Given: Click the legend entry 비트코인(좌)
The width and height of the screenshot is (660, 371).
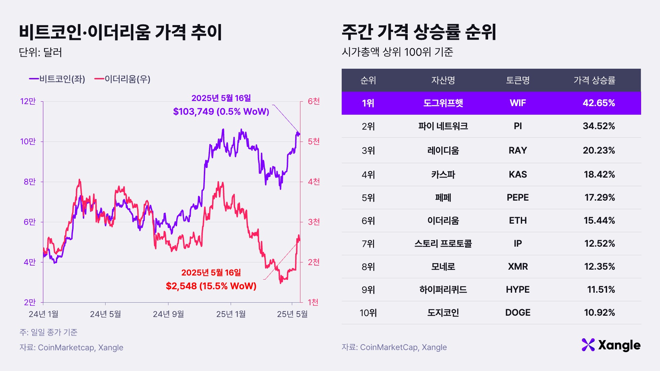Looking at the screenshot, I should pos(57,79).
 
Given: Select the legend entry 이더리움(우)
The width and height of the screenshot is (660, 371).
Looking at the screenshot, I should pos(122,79).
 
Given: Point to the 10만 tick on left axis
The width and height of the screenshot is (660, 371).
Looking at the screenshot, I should pos(28,142).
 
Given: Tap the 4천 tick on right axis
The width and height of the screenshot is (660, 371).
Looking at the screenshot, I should pos(313,181).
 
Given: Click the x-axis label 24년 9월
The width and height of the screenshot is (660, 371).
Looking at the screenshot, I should pos(168,314).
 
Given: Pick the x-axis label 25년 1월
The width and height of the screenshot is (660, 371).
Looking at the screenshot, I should pos(231,314).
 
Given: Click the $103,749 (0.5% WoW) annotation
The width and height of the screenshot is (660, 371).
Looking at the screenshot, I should pos(221,111).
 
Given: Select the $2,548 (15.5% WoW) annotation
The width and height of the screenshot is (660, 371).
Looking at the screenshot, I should pos(211,286).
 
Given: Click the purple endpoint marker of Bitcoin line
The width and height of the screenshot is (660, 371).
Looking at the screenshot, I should pos(298,134).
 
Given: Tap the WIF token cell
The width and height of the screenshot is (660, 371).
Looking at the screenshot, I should pos(517,103).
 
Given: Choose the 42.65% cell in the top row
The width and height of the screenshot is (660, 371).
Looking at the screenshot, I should pos(598,103).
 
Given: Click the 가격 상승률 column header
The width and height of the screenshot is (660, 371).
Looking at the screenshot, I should pos(594,80).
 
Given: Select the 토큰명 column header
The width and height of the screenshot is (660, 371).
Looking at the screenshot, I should pos(517,80).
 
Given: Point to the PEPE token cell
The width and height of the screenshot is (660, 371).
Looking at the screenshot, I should pos(517,198).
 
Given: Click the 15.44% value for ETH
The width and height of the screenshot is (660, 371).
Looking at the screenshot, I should pos(599,221).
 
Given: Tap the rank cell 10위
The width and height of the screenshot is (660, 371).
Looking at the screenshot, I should pos(368,313).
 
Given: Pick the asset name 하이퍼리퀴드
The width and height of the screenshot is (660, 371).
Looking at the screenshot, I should pos(443,290).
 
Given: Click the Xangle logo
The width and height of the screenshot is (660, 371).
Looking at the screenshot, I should pos(611,345).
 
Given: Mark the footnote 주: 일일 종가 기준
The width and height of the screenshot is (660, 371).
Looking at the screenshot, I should pos(48,332).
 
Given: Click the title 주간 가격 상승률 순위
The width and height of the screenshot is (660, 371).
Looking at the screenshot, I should pos(419,32).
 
